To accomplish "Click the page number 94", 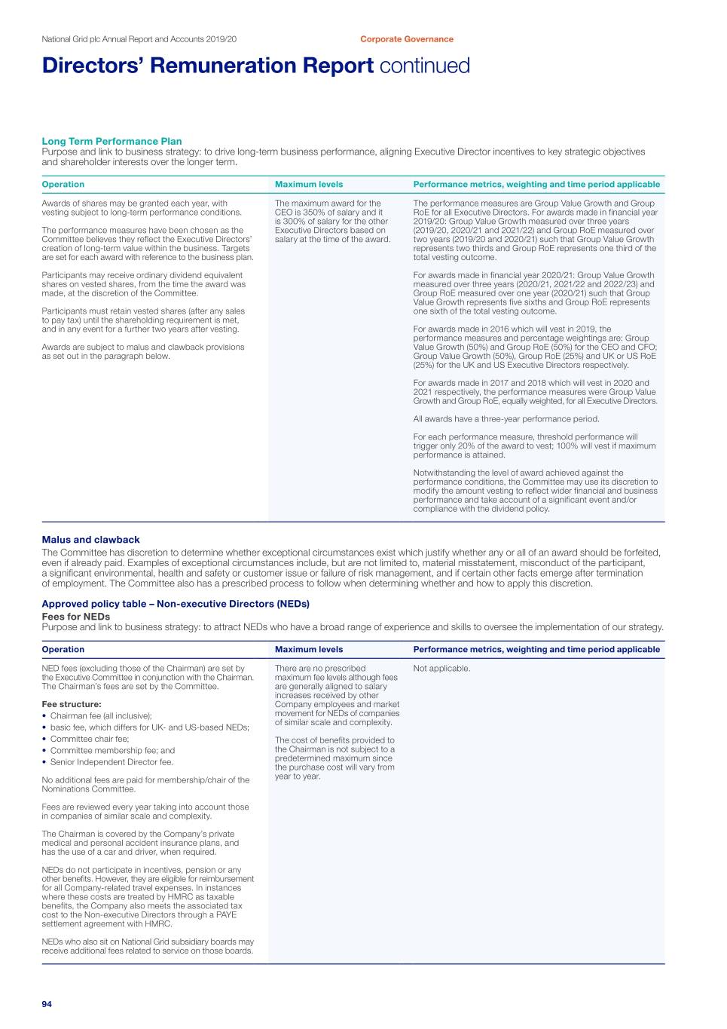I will [47, 1004].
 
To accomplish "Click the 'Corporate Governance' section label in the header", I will [406, 39].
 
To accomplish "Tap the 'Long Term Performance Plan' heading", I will [111, 141].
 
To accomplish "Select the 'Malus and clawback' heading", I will [90, 540].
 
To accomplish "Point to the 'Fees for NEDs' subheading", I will [75, 617].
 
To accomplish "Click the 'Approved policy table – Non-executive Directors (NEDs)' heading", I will [176, 604].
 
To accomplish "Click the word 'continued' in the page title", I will [424, 66].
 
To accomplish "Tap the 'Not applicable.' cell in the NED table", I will [441, 669].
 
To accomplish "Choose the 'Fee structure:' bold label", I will [72, 704].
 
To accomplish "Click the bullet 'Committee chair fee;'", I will [90, 739].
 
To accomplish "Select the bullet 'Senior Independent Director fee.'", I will [111, 762].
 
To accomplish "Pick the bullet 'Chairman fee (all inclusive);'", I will [101, 716].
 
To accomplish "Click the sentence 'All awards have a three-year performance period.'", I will [506, 419].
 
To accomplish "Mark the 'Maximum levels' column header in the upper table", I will [309, 185].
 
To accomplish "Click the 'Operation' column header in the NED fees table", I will [63, 650].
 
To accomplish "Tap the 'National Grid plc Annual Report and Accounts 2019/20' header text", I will [139, 39].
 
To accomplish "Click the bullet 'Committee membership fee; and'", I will [112, 751].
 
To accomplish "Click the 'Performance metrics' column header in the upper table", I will [536, 185].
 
